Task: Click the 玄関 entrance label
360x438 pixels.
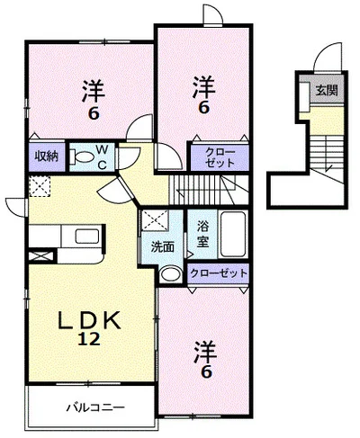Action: (327, 90)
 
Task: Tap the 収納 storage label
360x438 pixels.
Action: (47, 156)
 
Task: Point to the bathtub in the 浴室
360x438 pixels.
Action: (233, 234)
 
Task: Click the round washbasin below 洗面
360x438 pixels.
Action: (170, 273)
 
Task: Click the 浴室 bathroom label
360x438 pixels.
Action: (202, 235)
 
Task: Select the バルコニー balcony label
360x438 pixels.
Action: (95, 407)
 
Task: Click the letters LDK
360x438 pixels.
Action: (89, 320)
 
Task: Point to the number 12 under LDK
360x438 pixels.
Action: (89, 339)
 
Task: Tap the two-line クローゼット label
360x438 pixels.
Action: (220, 157)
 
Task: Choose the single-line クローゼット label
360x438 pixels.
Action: (219, 273)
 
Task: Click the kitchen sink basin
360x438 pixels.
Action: (87, 237)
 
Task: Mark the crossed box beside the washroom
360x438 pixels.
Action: (155, 220)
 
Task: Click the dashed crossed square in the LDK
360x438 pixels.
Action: (40, 186)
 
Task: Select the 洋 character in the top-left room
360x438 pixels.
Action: (94, 90)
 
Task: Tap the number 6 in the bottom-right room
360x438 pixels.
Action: (206, 372)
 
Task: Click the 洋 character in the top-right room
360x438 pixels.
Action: (204, 86)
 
